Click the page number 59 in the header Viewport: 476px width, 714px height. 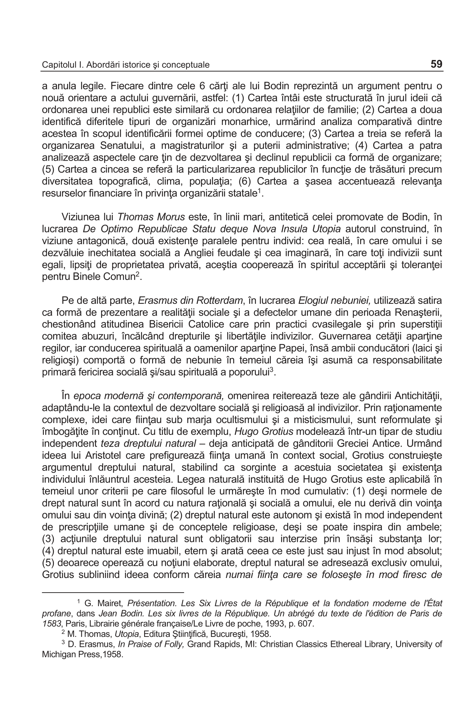point(436,64)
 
